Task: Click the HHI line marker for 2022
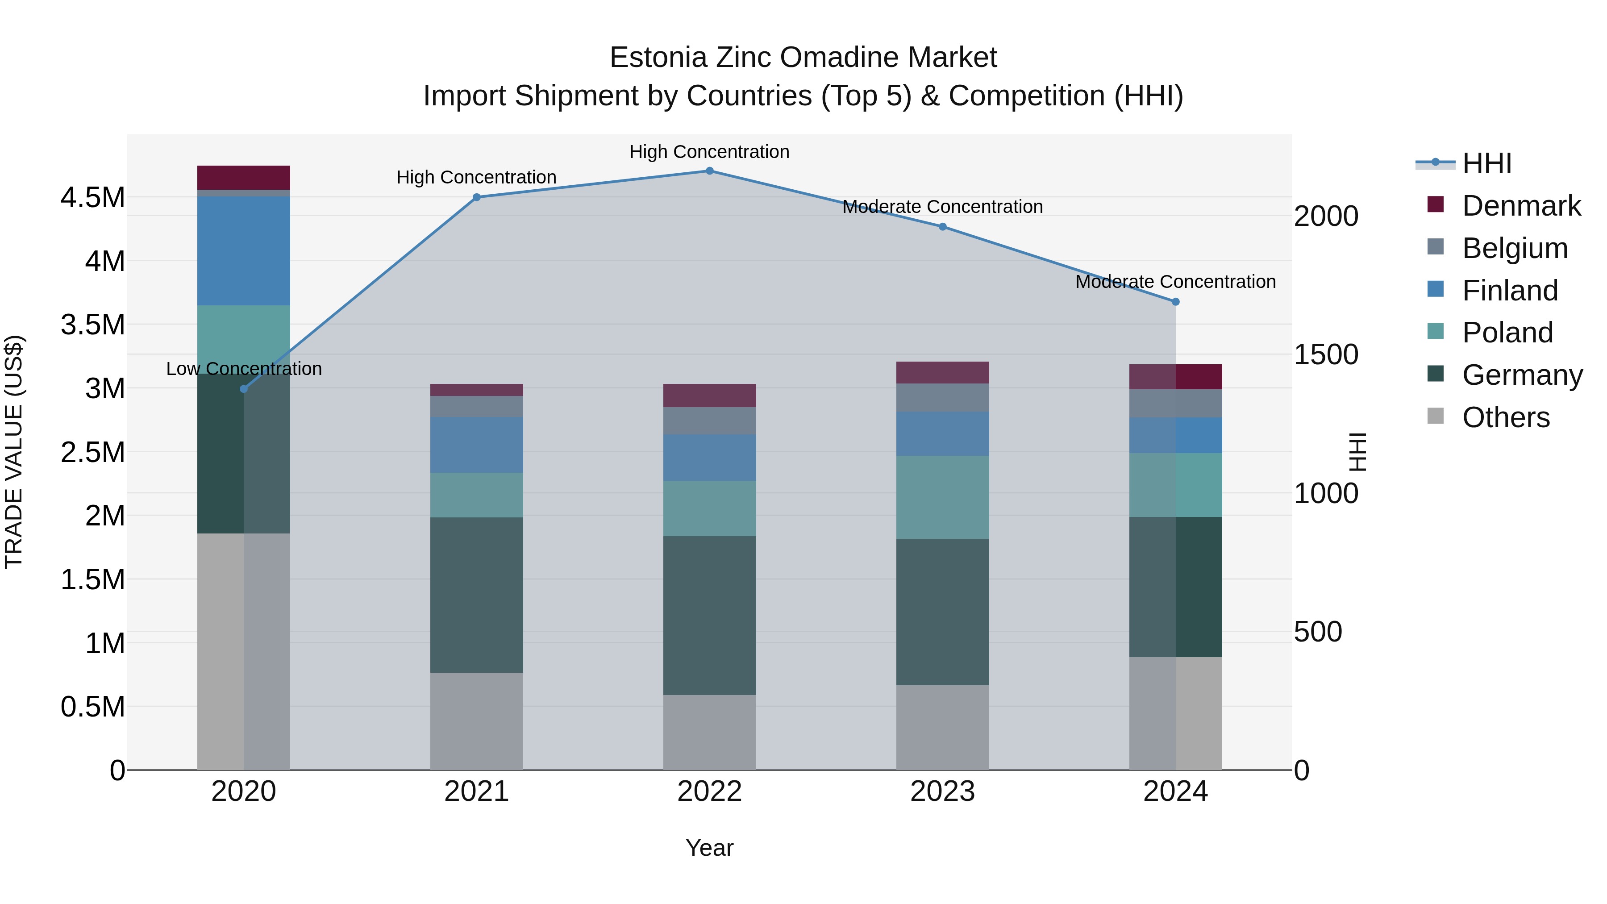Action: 709,171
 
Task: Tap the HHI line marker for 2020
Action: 244,389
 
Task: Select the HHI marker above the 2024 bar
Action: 1175,302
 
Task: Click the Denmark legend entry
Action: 1520,206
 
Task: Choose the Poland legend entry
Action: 1507,333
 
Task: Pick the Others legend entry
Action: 1505,417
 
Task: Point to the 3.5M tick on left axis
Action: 92,325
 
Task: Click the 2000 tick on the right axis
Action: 1326,217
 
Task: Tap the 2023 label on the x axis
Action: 942,792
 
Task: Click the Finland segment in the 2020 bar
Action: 244,251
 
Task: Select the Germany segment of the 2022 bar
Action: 709,615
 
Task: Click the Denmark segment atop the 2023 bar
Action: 942,372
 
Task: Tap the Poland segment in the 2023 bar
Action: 942,497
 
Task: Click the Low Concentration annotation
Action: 244,369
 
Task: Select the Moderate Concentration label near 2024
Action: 1175,282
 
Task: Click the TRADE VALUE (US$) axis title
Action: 14,452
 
